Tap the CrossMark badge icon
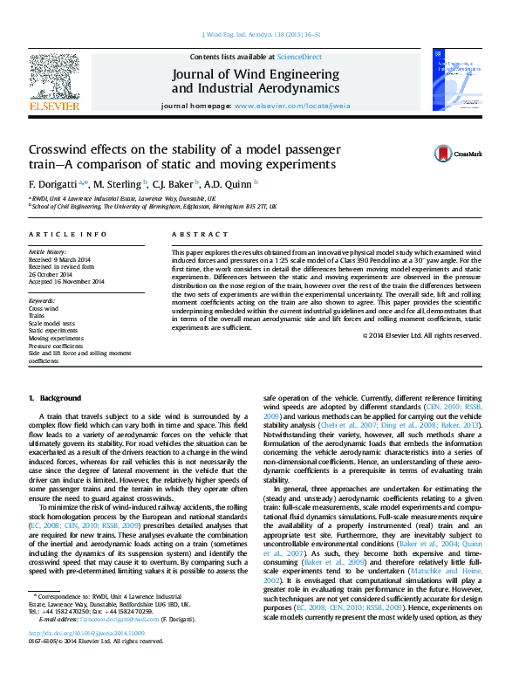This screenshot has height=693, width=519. (x=445, y=154)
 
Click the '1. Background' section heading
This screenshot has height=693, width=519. (x=55, y=397)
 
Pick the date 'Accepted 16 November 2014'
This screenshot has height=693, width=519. (x=66, y=281)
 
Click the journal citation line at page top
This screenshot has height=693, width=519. (x=260, y=34)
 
